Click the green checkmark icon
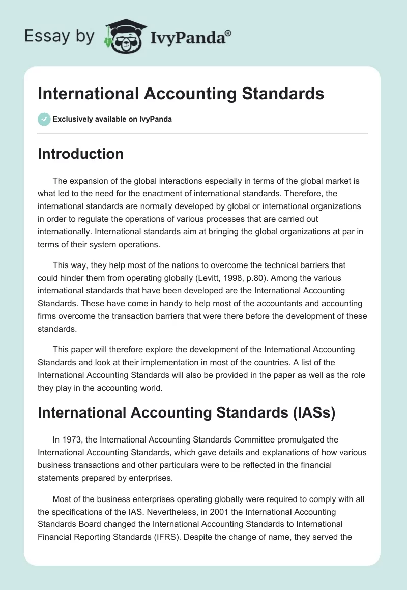[44, 119]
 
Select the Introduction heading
[80, 154]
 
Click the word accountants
[257, 303]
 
